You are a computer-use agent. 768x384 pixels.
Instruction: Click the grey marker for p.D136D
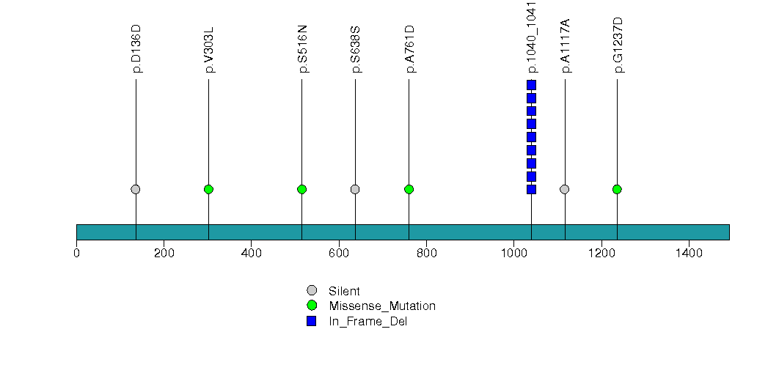pos(136,189)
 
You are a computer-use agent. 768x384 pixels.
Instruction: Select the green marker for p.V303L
pos(208,189)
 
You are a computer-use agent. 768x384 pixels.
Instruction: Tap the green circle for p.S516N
pos(301,189)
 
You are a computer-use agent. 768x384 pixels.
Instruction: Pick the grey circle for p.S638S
pos(355,189)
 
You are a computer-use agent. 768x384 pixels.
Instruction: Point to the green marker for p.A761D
pos(409,189)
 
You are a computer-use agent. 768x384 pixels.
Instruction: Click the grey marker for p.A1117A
pos(565,189)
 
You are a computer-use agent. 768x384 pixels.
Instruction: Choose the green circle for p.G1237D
pos(617,189)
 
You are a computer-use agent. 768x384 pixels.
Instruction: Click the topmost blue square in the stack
pos(531,85)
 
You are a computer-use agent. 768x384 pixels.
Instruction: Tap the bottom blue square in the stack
pos(531,189)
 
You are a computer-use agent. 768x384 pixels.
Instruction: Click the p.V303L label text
pos(209,50)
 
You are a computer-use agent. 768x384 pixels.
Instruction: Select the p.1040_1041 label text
pos(532,37)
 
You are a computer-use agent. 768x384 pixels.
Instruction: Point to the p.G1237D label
pos(618,45)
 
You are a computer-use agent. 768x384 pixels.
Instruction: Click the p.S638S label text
pos(356,50)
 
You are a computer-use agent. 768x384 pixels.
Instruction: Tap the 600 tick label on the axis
pos(339,253)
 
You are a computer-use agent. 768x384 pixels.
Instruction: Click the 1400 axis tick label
pos(689,253)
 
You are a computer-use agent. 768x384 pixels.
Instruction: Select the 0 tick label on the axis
pos(76,253)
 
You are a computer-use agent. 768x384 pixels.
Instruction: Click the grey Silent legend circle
pos(312,291)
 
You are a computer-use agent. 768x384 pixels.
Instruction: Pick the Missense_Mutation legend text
pos(382,306)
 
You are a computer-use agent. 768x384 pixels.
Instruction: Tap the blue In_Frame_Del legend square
pos(312,321)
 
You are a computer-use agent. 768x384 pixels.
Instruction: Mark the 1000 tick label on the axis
pos(513,253)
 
